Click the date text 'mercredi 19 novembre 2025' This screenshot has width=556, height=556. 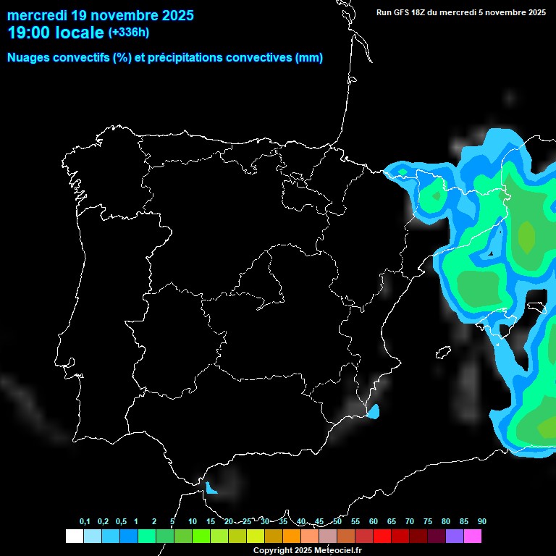click(x=100, y=14)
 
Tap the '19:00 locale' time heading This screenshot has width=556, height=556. click(x=55, y=33)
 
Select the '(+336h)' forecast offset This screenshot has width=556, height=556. click(x=128, y=32)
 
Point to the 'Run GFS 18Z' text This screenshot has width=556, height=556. click(x=407, y=12)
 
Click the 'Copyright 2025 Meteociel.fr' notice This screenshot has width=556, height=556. click(x=307, y=550)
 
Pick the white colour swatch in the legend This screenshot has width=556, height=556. click(x=74, y=536)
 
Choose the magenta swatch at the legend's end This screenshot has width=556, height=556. click(x=473, y=536)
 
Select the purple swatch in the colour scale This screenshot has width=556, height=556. click(x=455, y=536)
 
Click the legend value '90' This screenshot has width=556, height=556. click(x=481, y=522)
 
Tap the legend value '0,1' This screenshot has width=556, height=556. click(x=85, y=522)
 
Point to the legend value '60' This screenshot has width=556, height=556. click(x=373, y=522)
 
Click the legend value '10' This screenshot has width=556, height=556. click(x=192, y=522)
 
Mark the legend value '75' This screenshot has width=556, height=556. click(x=427, y=522)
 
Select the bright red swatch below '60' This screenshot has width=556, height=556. click(x=382, y=536)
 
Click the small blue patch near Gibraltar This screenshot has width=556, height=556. click(x=211, y=489)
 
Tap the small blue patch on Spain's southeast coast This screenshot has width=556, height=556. click(x=374, y=412)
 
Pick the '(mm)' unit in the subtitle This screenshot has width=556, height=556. click(x=309, y=58)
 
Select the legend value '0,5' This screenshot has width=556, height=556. click(x=121, y=522)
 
